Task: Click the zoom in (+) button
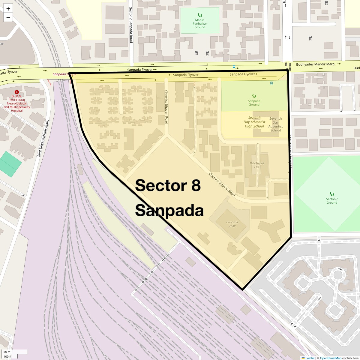[8, 9]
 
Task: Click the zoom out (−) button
[8, 18]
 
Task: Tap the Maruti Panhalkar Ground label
[200, 24]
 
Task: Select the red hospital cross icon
[17, 92]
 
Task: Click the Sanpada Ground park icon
[254, 96]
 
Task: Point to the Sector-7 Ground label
[332, 201]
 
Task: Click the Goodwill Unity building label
[232, 224]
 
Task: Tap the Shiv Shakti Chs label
[256, 165]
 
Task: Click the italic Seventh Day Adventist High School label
[254, 122]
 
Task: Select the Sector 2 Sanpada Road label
[131, 25]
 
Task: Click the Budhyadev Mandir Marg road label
[315, 64]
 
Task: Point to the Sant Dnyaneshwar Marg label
[43, 138]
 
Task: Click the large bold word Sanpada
[169, 211]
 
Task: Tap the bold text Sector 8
[168, 185]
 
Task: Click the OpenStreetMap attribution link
[330, 358]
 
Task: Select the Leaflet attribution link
[310, 358]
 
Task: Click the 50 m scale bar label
[7, 352]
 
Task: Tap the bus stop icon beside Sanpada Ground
[271, 83]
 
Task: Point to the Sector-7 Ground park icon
[332, 194]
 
